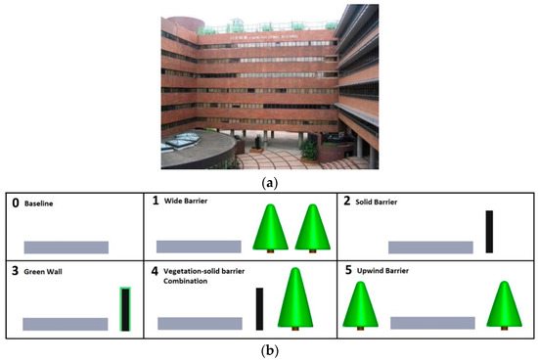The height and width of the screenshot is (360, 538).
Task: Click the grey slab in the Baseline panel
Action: tap(66, 247)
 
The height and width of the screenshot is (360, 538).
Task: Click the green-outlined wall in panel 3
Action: tap(124, 309)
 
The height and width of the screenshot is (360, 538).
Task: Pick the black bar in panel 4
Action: tap(259, 308)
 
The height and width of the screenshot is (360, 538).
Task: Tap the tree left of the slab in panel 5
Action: tap(363, 306)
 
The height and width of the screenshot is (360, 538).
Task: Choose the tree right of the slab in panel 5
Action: tap(505, 306)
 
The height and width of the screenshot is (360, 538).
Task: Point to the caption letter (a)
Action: tap(268, 180)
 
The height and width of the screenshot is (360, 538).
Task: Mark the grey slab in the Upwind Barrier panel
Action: tap(433, 322)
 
